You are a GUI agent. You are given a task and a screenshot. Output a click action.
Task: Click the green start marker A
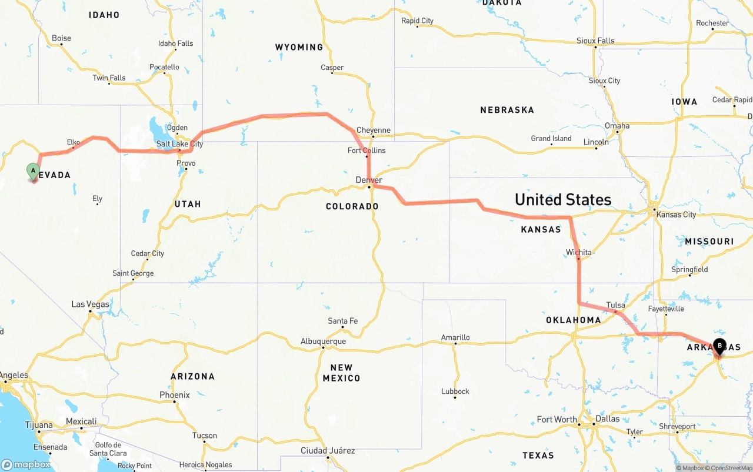tap(34, 172)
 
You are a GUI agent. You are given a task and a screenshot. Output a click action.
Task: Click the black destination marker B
tap(719, 347)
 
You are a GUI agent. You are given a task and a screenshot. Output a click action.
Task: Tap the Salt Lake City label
tap(179, 144)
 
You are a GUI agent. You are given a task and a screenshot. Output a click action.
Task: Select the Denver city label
tap(369, 180)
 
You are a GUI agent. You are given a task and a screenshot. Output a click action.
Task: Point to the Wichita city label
tap(578, 253)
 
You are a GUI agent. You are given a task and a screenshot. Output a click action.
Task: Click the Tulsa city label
tap(615, 305)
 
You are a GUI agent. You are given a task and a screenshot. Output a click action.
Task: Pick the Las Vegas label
tap(90, 304)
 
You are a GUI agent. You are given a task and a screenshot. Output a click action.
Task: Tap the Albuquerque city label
tap(323, 341)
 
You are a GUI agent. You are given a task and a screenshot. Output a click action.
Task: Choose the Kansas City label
tap(676, 215)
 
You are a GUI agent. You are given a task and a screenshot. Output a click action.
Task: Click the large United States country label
tap(563, 200)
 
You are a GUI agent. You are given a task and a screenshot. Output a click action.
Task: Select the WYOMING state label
tap(299, 47)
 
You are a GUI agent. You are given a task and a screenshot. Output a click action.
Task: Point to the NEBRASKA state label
tap(507, 110)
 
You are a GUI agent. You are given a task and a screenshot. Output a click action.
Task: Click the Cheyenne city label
tap(373, 130)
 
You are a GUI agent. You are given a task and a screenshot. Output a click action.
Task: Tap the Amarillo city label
tap(455, 337)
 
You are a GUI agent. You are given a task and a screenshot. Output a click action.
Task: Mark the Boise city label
tap(61, 38)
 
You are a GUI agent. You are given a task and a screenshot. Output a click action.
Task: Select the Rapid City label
tap(417, 21)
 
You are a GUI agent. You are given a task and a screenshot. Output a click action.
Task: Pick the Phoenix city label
tap(175, 395)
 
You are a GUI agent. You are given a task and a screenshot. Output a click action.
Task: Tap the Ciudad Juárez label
tap(328, 451)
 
